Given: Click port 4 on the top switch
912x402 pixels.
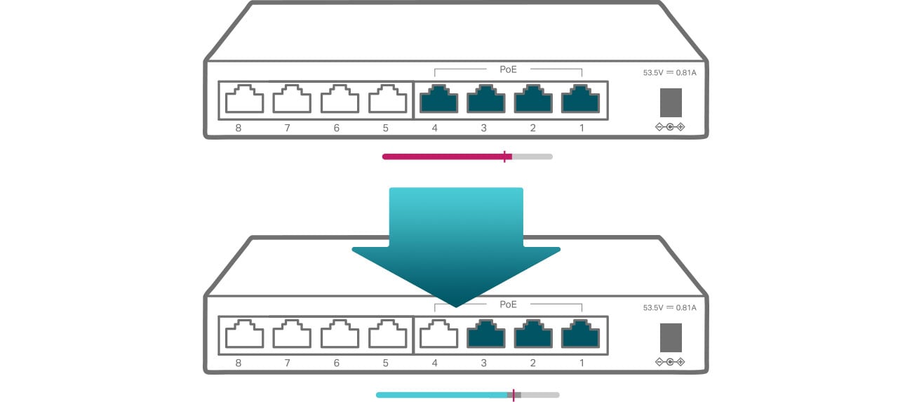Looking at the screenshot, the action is (x=438, y=99).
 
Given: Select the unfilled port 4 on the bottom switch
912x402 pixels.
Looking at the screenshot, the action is (x=438, y=334).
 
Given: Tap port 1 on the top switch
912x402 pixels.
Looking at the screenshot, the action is (x=580, y=99).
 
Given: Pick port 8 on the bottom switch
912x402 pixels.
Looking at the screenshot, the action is (x=244, y=334).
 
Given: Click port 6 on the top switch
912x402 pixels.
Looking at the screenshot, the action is (x=340, y=99).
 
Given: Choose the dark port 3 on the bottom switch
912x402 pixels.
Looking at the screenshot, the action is (x=485, y=334).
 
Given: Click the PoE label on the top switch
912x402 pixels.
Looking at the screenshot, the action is (x=508, y=69).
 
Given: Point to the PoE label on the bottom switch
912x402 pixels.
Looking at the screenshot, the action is (x=508, y=304).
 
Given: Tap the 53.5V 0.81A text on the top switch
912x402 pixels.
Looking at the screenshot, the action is (x=670, y=73).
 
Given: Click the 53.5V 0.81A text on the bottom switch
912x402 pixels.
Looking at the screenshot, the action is (x=670, y=308).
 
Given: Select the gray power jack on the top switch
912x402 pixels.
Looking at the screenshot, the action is (x=671, y=102).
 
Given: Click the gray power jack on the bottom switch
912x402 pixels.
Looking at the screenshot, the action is (x=671, y=337).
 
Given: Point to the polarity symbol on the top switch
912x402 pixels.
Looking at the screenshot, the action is (x=670, y=127).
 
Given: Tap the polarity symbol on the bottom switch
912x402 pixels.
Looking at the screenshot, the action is (x=670, y=362).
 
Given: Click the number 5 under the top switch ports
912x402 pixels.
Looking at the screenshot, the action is (x=386, y=128).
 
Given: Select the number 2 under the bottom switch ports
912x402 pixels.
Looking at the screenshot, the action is (x=532, y=363).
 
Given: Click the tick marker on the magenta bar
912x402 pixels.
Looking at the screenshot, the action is (x=505, y=156).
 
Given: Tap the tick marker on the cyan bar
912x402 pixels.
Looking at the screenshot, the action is (x=514, y=395).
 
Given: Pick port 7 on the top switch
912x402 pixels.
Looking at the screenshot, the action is (x=292, y=99).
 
